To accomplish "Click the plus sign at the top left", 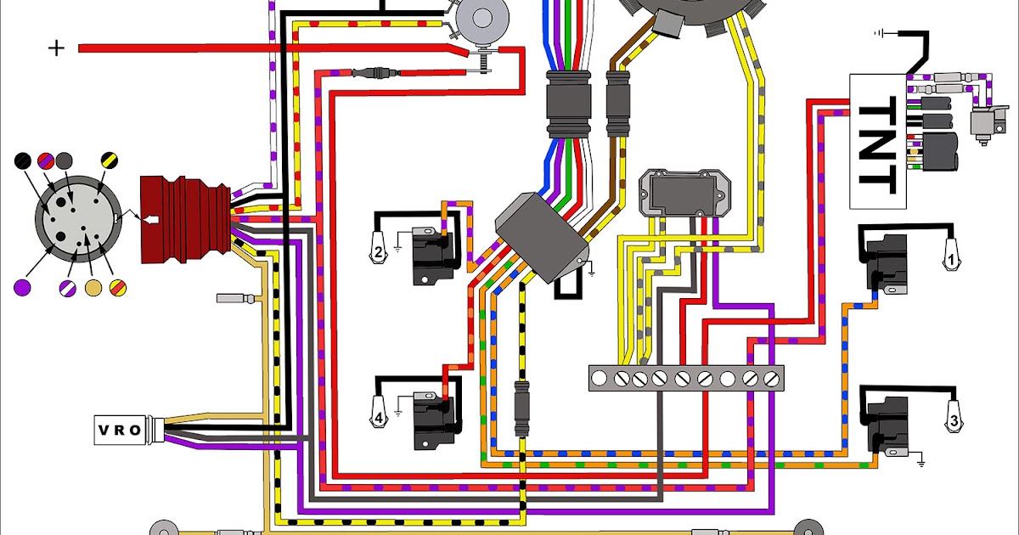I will (56, 48).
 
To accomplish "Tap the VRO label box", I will (118, 430).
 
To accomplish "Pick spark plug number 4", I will (380, 415).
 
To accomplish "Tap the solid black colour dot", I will (25, 160).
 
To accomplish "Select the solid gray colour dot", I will (65, 160).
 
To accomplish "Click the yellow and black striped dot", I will (110, 160).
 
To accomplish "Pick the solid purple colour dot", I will (24, 286).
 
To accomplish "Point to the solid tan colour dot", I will (94, 287).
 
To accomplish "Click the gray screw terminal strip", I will (685, 378).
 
